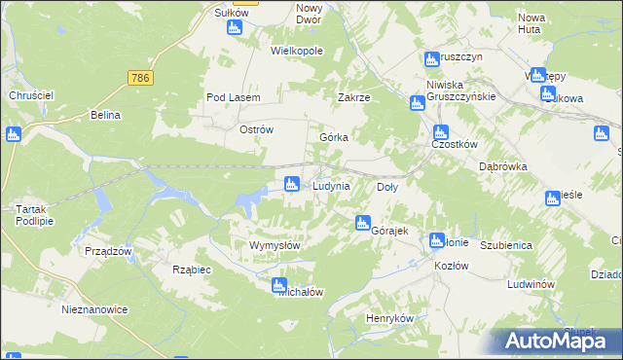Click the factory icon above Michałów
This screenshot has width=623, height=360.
279,285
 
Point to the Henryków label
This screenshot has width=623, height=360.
390,319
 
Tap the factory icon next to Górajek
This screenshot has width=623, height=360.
363,222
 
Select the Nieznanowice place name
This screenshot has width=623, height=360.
94,309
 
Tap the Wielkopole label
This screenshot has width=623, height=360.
297,51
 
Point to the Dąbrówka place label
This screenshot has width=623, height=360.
503,166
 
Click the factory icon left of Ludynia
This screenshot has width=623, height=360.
291,183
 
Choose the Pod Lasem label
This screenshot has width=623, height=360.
230,98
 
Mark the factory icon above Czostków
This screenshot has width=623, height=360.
440,131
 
